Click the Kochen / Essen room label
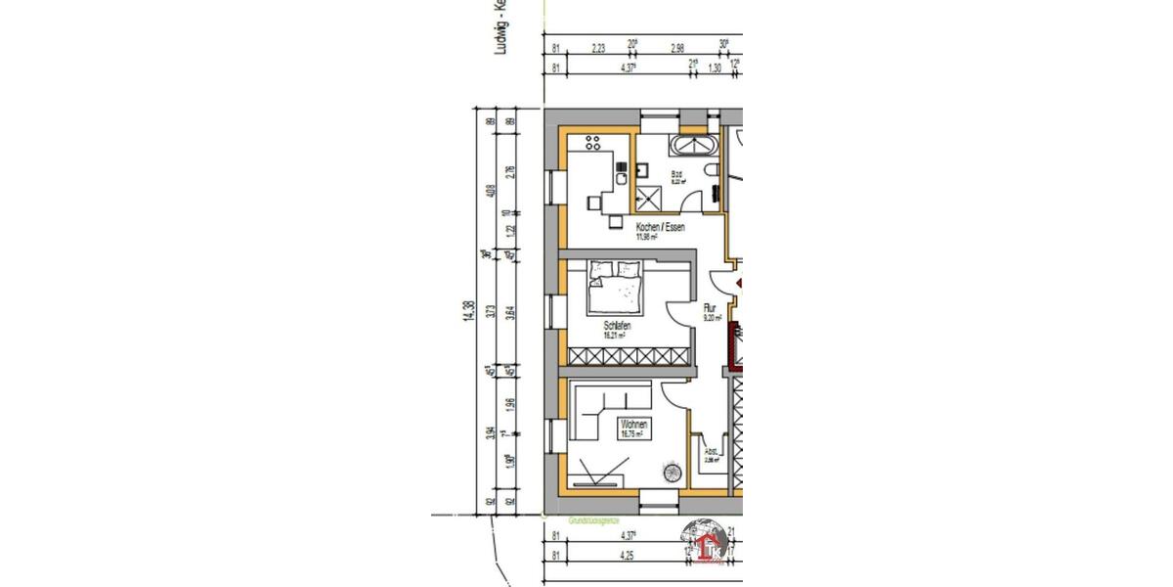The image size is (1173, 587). click(661, 227)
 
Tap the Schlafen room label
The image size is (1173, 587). click(616, 325)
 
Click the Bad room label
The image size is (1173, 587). click(676, 176)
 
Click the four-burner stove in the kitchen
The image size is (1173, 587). click(591, 143)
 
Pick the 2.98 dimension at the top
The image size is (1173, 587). click(676, 45)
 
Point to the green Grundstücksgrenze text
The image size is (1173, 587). click(592, 521)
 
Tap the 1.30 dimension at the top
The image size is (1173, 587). click(714, 68)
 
